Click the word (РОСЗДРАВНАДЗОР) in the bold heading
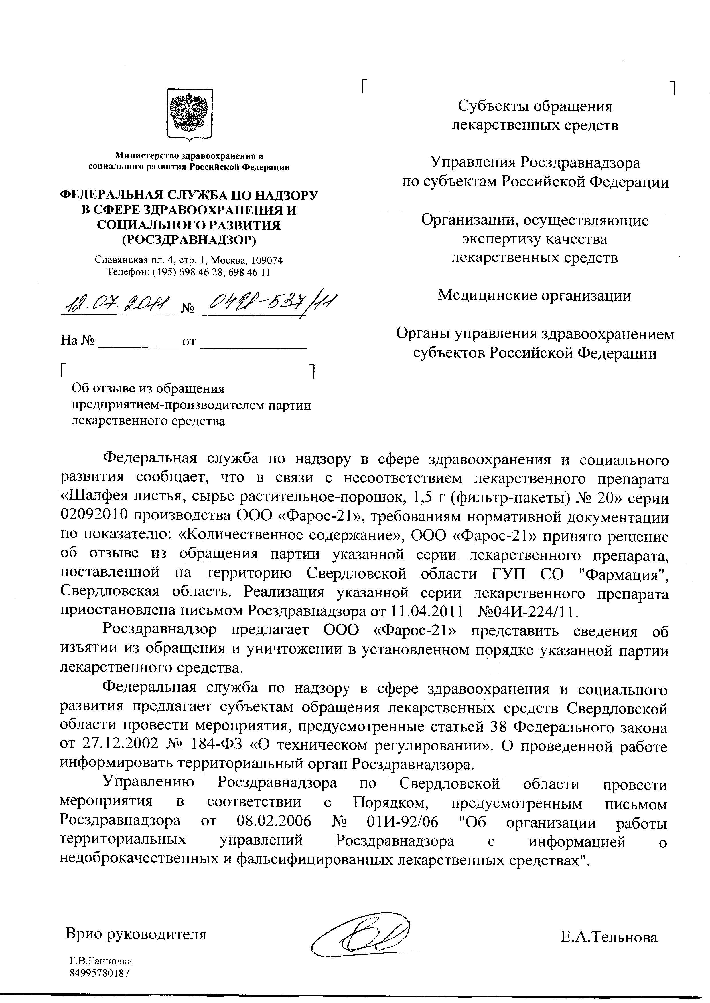[x=189, y=239]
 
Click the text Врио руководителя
[x=135, y=934]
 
